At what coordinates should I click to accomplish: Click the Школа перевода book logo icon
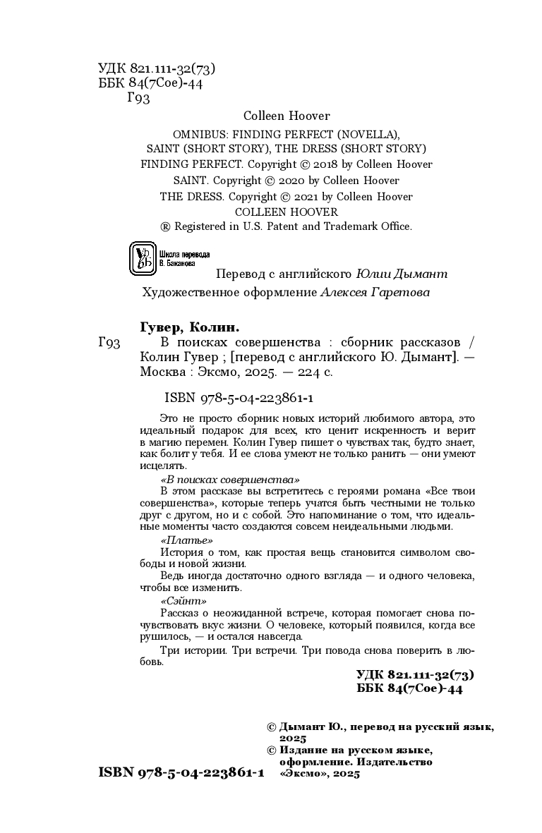(x=143, y=259)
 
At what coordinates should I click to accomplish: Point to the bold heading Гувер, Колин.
(x=186, y=327)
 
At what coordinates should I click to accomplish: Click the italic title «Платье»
(x=187, y=540)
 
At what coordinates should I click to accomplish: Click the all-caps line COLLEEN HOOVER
(x=286, y=212)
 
